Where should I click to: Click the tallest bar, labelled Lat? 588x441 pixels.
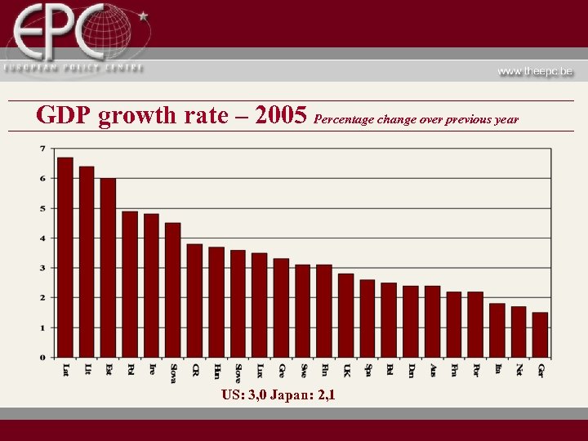click(x=65, y=257)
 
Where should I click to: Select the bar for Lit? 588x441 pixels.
click(x=87, y=261)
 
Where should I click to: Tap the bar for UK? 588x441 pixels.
click(x=346, y=315)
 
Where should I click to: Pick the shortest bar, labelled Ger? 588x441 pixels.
click(x=541, y=335)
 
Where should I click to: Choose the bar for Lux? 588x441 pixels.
click(x=260, y=305)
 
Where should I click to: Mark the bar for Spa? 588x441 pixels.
click(x=367, y=318)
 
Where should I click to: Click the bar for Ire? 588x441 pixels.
click(x=152, y=286)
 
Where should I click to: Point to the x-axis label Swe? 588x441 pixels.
click(x=303, y=371)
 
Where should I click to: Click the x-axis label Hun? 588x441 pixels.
click(x=216, y=371)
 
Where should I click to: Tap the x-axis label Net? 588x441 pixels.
click(x=519, y=370)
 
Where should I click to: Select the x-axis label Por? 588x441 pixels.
click(x=476, y=370)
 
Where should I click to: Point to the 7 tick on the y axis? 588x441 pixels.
click(x=42, y=149)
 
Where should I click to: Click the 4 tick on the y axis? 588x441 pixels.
click(x=42, y=238)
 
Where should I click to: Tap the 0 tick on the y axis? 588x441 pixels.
click(x=42, y=358)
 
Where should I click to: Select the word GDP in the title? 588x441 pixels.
click(x=65, y=116)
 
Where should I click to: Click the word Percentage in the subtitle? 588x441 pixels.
click(x=344, y=119)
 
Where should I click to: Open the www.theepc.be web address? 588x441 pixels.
click(x=535, y=71)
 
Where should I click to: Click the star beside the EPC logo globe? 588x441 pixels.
click(x=144, y=15)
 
